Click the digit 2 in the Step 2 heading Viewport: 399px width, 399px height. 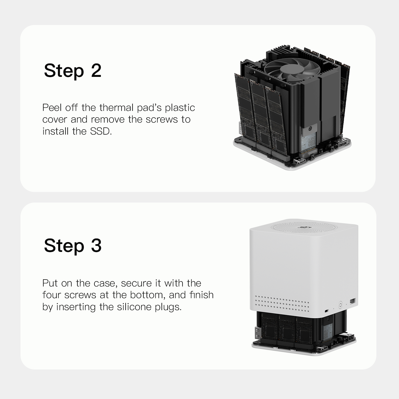(x=96, y=71)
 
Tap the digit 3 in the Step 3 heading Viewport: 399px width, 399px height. (x=96, y=246)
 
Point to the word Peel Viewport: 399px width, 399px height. (x=52, y=108)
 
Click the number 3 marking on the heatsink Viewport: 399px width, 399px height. (x=255, y=72)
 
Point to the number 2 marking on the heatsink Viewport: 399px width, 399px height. (x=270, y=79)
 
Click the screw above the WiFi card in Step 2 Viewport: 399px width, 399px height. (x=310, y=129)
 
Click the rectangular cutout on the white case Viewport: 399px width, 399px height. (x=353, y=301)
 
